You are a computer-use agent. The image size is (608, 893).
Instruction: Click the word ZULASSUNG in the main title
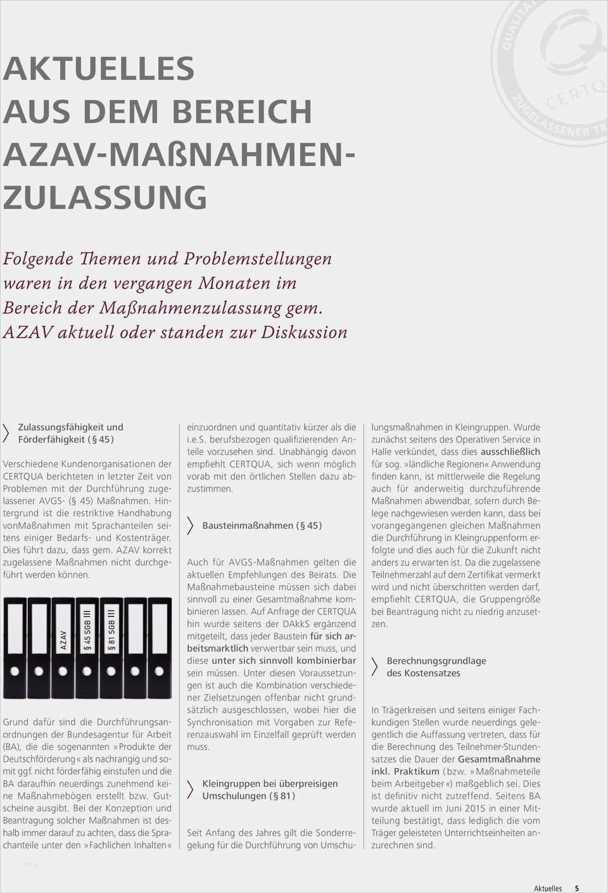105,197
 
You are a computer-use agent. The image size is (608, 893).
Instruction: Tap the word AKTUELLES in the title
99,68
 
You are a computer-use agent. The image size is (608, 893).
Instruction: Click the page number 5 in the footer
576,888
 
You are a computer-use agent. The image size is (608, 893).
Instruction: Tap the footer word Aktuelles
548,888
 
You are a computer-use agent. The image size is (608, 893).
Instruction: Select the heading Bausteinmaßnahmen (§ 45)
262,525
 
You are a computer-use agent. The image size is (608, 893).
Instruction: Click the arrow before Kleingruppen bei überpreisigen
190,789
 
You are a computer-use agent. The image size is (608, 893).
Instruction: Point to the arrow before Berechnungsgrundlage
374,666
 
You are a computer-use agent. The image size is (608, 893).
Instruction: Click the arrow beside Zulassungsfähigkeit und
6,433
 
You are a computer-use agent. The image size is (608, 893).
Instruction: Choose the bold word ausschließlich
510,452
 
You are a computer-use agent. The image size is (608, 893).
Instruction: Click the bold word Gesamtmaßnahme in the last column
499,759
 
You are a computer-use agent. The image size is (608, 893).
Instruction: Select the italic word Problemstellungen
258,258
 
